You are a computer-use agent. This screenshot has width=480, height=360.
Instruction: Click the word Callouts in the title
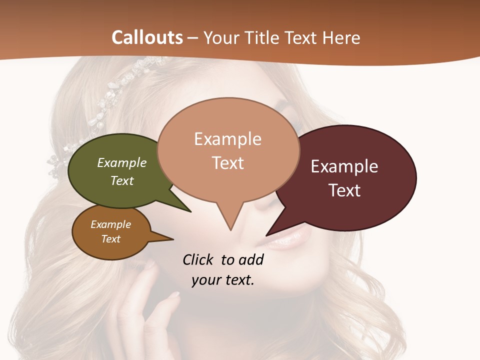(147, 37)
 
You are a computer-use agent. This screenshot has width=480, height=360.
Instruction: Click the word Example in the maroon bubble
(344, 166)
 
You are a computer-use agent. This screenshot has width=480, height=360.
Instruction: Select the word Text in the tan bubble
(228, 163)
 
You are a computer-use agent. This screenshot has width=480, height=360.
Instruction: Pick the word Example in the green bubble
(122, 162)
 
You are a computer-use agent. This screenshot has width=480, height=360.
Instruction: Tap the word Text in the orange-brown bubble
(111, 239)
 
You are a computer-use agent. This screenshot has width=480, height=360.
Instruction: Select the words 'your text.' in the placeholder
(223, 280)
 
